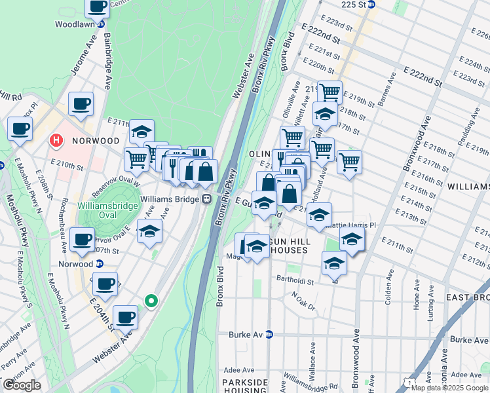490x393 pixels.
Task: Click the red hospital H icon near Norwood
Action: click(x=57, y=140)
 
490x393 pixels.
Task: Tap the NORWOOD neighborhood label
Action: click(x=96, y=141)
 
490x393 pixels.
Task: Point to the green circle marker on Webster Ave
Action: click(x=151, y=301)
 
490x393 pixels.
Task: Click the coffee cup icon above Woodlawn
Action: click(x=98, y=7)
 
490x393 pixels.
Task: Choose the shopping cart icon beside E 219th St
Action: click(x=330, y=92)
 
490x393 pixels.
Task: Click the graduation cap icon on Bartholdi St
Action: click(x=334, y=263)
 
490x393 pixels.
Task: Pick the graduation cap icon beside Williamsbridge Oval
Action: click(x=149, y=231)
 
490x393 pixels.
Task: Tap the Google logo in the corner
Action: click(x=22, y=386)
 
